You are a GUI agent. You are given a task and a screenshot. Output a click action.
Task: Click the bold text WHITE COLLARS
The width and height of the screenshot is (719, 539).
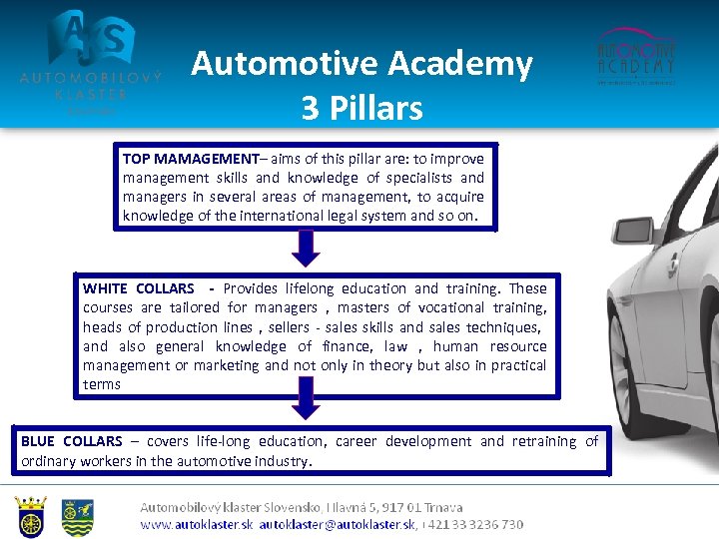pos(139,288)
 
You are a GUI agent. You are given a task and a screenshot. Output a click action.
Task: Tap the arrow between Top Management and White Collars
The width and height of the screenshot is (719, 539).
pos(307,248)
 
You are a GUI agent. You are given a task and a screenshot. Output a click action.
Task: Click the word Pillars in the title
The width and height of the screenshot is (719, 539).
pos(377,107)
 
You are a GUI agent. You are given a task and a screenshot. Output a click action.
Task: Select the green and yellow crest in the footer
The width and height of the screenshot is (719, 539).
pos(78,517)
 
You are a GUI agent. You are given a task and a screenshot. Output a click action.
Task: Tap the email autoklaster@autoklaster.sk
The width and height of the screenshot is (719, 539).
pos(337,524)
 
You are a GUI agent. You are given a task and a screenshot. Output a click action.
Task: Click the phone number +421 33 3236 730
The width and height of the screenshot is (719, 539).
pos(473,524)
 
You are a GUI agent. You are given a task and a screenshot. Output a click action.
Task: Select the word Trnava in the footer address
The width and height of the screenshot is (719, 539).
pos(440,508)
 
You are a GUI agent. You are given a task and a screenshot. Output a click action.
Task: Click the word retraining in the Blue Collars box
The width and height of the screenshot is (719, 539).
pos(544,441)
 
